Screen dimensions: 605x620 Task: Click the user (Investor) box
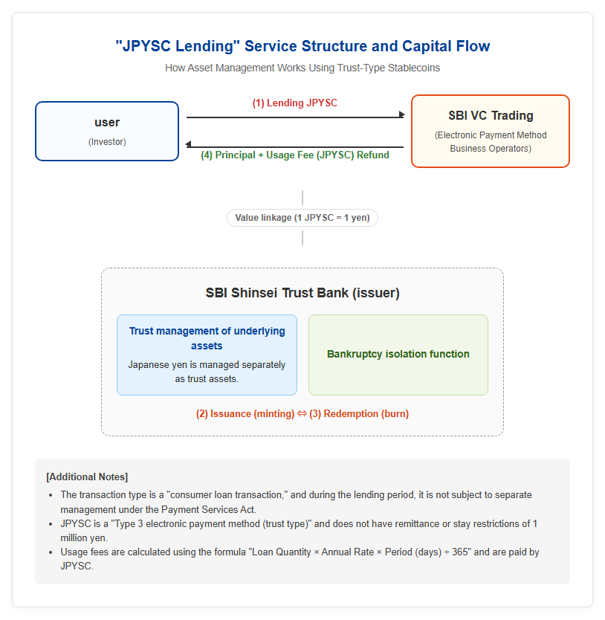[107, 132]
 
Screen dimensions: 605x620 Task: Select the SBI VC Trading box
[491, 132]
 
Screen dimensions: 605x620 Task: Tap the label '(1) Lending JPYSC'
[294, 103]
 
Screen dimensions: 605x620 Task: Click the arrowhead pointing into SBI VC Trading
[402, 114]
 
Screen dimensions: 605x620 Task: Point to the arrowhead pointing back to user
[189, 144]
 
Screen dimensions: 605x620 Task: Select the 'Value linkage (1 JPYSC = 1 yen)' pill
[302, 218]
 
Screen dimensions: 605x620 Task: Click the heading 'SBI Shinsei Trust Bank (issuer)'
[302, 293]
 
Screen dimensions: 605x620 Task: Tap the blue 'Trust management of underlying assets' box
[207, 355]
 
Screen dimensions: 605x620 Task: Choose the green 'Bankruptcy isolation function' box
[398, 355]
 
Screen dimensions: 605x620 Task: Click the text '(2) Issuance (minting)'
[245, 414]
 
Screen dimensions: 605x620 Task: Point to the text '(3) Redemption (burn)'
[359, 414]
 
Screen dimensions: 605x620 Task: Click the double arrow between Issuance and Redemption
[302, 414]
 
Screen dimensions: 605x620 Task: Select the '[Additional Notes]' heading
[87, 477]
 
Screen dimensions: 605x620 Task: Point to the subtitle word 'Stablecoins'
[413, 68]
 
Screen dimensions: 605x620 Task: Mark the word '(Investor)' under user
[107, 142]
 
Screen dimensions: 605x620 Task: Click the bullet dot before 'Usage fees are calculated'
[51, 552]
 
